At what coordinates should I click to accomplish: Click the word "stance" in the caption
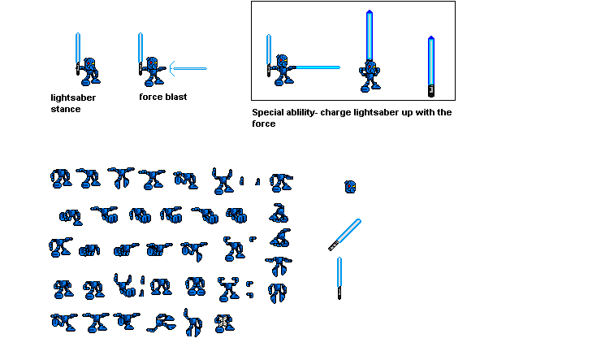coord(66,109)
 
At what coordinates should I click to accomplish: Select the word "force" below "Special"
coord(264,124)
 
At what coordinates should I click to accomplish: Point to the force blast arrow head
coord(172,68)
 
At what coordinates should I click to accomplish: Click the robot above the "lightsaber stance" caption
coord(89,72)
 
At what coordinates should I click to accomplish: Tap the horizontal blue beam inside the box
coord(318,67)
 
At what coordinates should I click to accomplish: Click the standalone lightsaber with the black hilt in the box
coord(431,67)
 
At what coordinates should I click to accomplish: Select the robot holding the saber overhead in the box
coord(370,76)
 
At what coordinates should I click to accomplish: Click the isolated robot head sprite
coord(350,187)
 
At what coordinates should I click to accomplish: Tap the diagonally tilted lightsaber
coord(344,235)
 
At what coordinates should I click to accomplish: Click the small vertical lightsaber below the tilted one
coord(339,278)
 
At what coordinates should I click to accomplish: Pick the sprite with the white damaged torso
coord(224,323)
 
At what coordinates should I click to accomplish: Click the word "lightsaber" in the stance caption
coord(73,98)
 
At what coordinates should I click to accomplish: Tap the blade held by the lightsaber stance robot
coord(78,48)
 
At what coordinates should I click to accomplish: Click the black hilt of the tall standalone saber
coord(431,91)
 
